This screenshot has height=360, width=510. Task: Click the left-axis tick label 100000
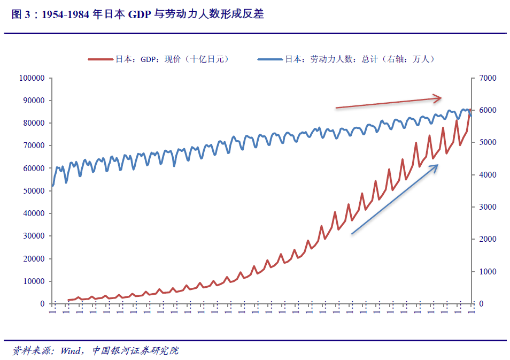pos(32,78)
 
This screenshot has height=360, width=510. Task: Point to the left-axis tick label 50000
pos(33,191)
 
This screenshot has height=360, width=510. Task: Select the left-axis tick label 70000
pos(33,145)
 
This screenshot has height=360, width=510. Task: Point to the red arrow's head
pos(439,98)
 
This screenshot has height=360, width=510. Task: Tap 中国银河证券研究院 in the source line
pos(135,351)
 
